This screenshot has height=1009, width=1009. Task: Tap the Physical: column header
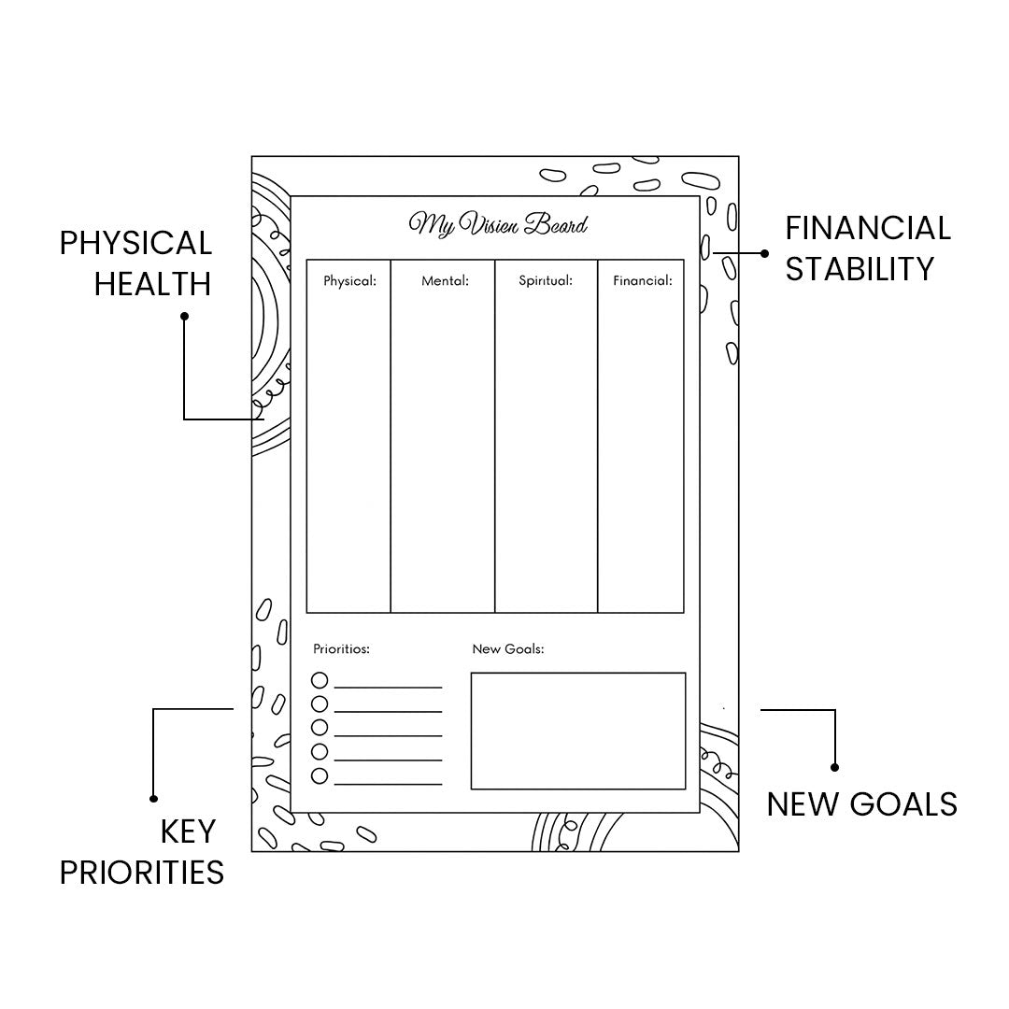tap(349, 280)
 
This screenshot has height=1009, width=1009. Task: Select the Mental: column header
tap(445, 280)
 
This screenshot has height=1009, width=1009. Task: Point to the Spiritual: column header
tap(546, 280)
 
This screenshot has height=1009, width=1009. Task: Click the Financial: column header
tap(643, 280)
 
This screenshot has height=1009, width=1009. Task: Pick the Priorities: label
tap(341, 648)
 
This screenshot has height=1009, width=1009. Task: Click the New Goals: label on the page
tap(507, 648)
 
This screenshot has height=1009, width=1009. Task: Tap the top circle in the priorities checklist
tap(320, 680)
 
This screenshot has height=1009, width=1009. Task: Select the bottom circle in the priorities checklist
tap(320, 775)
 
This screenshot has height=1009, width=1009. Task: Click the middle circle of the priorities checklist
tap(320, 728)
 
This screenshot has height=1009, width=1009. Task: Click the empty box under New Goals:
tap(577, 731)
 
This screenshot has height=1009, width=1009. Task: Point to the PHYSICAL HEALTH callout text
tap(136, 263)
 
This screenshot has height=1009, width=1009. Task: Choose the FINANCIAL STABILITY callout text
tap(868, 249)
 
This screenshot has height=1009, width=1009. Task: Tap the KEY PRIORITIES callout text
tap(142, 851)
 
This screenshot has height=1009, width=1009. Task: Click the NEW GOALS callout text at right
tap(861, 804)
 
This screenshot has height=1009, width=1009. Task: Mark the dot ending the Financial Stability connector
tap(765, 253)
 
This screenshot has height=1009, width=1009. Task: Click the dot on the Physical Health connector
tap(184, 317)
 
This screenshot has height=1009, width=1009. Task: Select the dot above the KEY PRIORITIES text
tap(153, 798)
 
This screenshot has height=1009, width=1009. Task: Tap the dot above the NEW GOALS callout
tap(834, 767)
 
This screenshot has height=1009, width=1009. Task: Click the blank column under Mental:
tap(442, 448)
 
